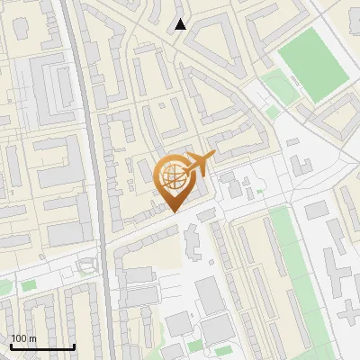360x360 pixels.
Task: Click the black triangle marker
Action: (x=181, y=24)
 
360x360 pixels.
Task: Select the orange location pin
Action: (x=175, y=181)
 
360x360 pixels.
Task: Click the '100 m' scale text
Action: (x=23, y=338)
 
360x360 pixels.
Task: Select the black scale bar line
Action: (x=42, y=346)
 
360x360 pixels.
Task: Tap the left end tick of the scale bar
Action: (x=11, y=345)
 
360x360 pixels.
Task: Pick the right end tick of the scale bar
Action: (x=74, y=345)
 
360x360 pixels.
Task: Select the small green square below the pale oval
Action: (x=273, y=112)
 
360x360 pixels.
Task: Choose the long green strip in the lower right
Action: (x=301, y=279)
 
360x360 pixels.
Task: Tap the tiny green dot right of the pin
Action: (x=259, y=191)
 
